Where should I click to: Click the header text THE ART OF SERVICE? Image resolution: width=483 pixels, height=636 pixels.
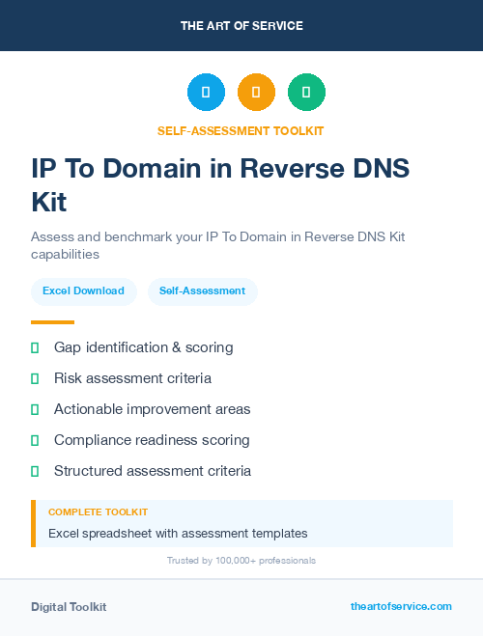(241, 26)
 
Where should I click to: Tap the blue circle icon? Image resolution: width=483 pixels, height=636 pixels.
(206, 93)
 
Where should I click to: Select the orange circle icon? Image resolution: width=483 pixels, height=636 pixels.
(256, 93)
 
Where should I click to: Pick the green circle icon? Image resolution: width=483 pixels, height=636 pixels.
(306, 93)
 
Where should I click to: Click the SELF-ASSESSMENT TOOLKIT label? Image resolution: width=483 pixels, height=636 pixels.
(241, 131)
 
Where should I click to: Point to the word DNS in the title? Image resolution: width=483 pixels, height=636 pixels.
(378, 168)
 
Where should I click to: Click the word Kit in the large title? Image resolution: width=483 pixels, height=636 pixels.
(49, 203)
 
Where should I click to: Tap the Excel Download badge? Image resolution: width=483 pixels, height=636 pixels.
(83, 290)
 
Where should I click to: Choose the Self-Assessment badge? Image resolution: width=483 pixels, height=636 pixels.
(202, 290)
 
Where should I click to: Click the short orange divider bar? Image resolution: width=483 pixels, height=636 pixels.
(52, 322)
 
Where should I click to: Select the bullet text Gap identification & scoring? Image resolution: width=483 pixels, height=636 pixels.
(143, 347)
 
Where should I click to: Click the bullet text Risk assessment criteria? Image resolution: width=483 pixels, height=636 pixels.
(132, 378)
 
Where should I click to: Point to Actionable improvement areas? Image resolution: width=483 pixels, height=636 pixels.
(152, 409)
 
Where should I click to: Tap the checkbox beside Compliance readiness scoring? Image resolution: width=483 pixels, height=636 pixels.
(35, 440)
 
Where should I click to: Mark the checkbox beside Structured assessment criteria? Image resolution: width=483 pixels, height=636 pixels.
(35, 471)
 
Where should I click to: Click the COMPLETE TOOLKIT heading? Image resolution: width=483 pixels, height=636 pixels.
(98, 512)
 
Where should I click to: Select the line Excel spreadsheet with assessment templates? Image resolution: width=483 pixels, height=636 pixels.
(178, 533)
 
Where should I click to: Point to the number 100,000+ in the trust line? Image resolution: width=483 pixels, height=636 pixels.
(229, 561)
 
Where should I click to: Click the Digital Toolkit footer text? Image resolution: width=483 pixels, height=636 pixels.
(69, 607)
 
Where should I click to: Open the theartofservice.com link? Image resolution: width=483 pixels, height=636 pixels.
(401, 606)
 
